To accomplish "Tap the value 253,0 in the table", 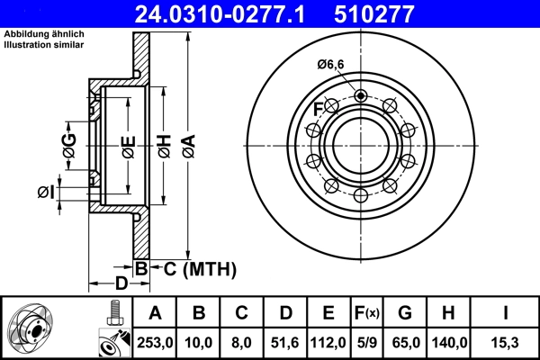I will coord(155,342).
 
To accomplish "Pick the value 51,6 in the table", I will coord(285,342).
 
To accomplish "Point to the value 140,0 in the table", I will coord(451,342).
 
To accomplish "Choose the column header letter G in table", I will coord(407,313).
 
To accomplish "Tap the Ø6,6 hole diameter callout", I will coord(330,63).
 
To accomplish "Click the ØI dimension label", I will coord(47,192).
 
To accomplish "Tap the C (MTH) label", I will coord(192,267).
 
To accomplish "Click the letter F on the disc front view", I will coord(318,110).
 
